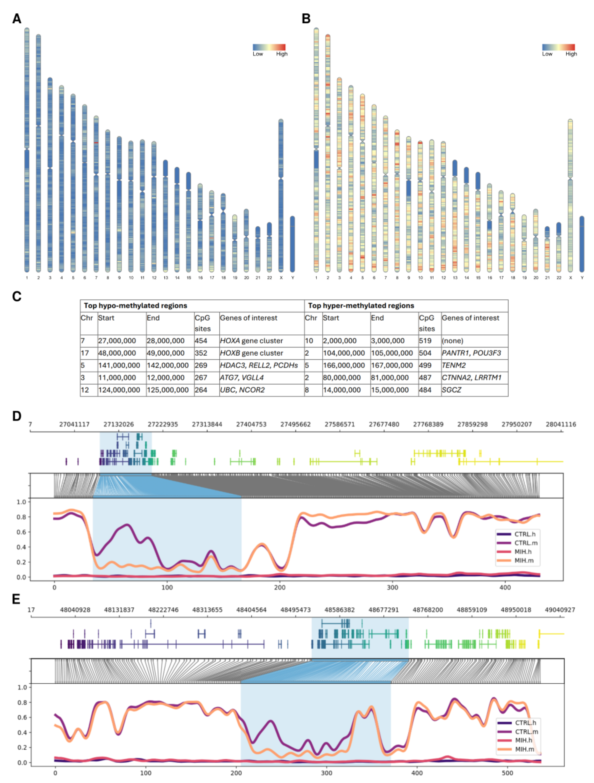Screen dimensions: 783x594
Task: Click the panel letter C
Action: coord(17,296)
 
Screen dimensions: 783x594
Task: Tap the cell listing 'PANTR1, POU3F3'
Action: coord(471,353)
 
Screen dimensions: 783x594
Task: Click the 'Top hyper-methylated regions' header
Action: coord(361,305)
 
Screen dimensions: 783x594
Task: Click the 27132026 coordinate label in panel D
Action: coord(119,424)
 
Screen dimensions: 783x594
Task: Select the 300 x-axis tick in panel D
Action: coord(392,588)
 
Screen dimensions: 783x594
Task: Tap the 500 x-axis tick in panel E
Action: coord(508,773)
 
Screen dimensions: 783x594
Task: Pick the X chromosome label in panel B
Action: coord(570,278)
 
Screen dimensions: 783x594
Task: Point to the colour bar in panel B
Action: coord(558,47)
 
